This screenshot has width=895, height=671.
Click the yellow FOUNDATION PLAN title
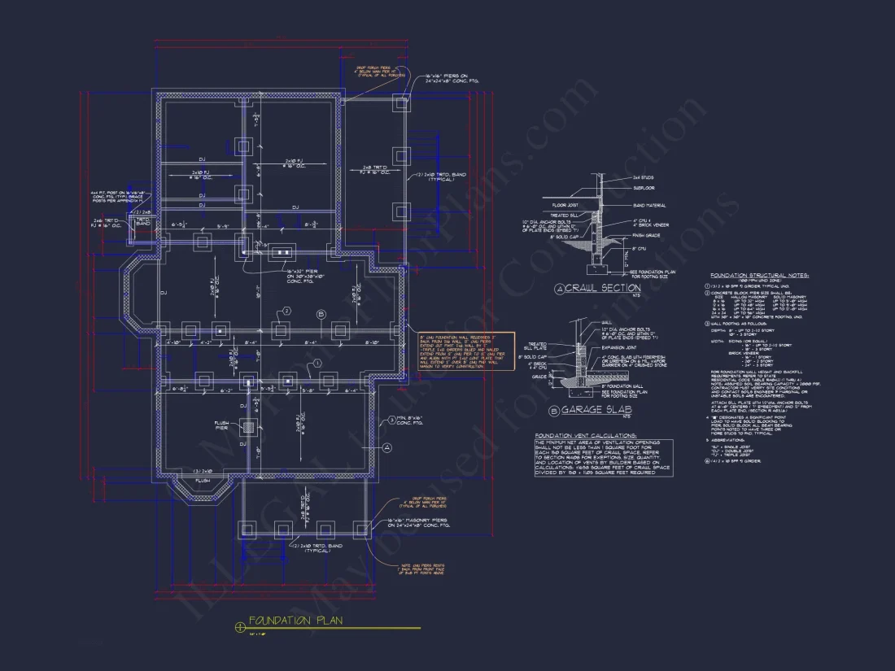(x=295, y=621)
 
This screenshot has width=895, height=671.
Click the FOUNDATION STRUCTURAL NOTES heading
(x=759, y=276)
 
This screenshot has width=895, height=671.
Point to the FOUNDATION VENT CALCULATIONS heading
(x=586, y=436)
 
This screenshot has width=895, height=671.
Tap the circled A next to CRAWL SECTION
(x=559, y=289)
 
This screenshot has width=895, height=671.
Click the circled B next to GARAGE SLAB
(x=555, y=412)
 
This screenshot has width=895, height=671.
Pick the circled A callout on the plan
(x=387, y=447)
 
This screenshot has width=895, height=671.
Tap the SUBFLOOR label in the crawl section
(x=644, y=187)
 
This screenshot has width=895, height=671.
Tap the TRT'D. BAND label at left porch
(x=143, y=221)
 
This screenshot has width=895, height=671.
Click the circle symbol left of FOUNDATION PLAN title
(x=239, y=626)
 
